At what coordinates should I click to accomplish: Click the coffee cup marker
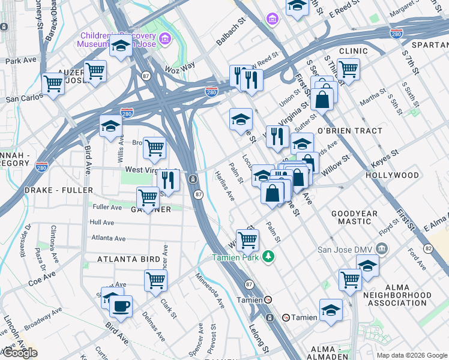tap(121, 305)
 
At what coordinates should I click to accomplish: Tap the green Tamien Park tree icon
tap(270, 257)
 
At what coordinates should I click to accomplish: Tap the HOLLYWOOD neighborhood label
tap(392, 175)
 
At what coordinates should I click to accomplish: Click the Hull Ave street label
tap(101, 222)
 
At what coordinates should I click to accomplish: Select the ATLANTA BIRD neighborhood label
tap(129, 259)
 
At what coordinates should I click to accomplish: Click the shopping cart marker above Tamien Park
tap(247, 240)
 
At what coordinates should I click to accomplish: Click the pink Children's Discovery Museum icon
tap(164, 40)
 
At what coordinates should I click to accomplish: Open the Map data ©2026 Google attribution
tap(411, 355)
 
